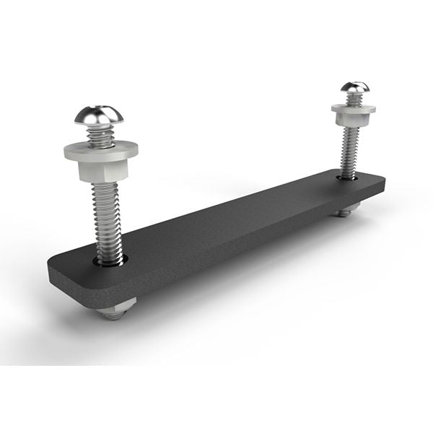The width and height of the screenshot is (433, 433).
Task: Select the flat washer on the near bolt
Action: [100, 149]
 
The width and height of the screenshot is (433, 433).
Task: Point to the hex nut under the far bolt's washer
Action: [353, 119]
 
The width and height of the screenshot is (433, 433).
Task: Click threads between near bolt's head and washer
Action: [100, 135]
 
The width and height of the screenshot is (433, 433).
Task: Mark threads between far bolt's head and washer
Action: [354, 100]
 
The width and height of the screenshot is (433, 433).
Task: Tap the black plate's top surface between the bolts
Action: [231, 216]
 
